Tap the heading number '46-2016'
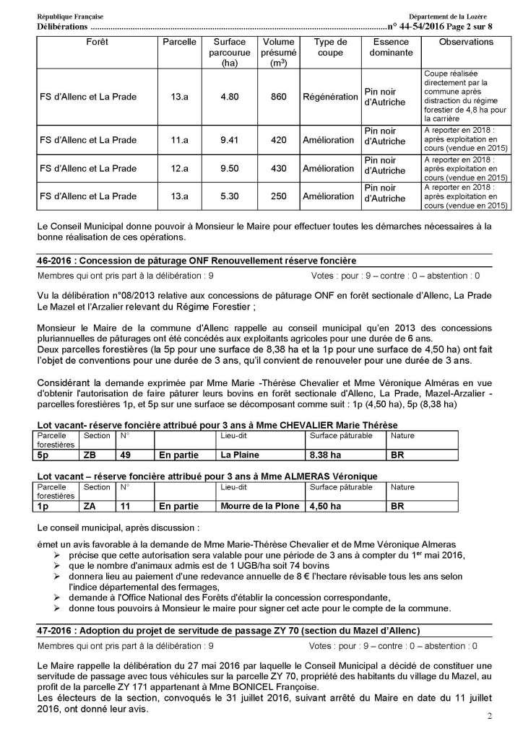(54, 261)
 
